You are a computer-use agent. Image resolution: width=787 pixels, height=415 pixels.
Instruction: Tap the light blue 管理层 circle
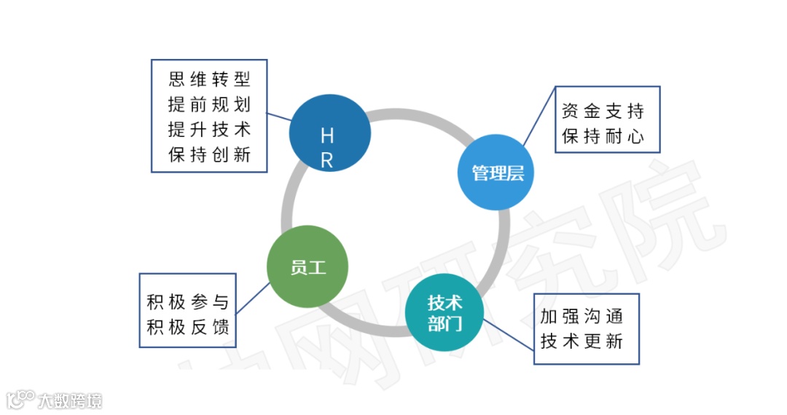tap(496, 173)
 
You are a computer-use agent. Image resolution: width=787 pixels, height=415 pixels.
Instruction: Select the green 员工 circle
tap(308, 266)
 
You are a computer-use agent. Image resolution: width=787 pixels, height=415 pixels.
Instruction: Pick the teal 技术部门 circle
tap(445, 313)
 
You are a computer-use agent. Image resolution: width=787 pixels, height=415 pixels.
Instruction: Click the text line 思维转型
tap(209, 79)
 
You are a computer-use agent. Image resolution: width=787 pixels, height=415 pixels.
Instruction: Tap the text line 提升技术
tap(209, 129)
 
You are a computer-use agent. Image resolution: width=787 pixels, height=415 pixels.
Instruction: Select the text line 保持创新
tap(209, 154)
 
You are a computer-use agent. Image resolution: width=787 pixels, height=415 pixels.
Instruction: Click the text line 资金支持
tap(603, 111)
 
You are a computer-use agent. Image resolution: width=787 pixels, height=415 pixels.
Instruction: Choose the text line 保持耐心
tap(603, 136)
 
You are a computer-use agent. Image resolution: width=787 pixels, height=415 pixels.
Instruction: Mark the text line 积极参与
tap(188, 302)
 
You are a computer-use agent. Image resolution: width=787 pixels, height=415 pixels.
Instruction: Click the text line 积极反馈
tap(188, 327)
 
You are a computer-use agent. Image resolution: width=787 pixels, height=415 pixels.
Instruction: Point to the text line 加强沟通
tap(582, 317)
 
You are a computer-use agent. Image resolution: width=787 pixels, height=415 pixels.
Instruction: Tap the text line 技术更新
tap(582, 341)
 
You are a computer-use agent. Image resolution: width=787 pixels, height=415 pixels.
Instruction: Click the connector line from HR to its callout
tap(280, 118)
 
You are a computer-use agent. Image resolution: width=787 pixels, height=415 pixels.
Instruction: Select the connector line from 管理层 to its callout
tap(539, 117)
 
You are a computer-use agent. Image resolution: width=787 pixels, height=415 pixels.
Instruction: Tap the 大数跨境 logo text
tap(71, 400)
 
